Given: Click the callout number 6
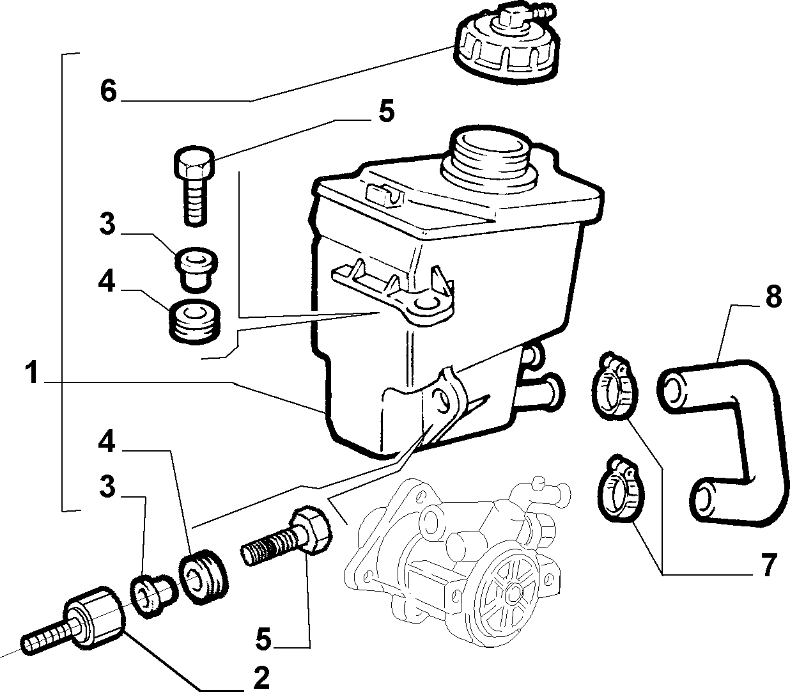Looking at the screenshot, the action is tap(108, 91).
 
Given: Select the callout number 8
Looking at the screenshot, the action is tap(773, 296).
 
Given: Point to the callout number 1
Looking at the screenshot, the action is tap(33, 372).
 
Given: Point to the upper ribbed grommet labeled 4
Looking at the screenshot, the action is tap(195, 320).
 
